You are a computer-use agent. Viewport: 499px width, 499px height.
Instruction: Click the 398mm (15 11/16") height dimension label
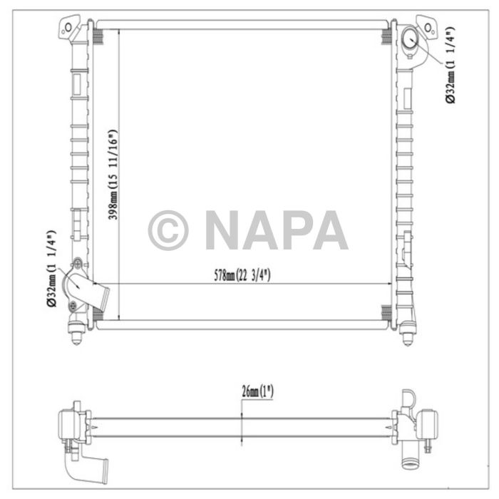[112, 175]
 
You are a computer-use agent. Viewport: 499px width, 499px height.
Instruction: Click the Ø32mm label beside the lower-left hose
[51, 269]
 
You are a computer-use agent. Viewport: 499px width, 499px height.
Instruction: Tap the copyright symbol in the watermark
[168, 230]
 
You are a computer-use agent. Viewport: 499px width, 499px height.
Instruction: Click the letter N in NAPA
[224, 230]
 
